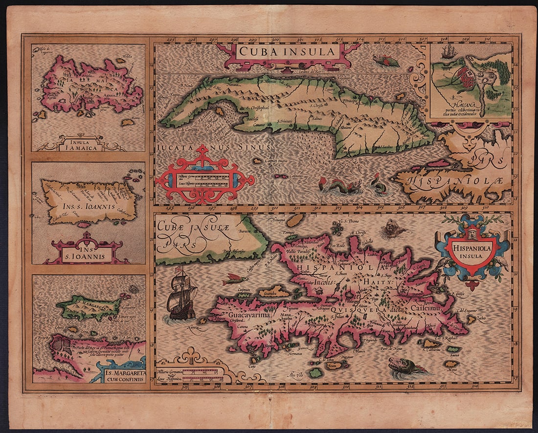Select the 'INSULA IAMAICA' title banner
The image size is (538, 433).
pos(81,144)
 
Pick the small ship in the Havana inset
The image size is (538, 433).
pos(448,51)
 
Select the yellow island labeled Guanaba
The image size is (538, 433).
pos(274,292)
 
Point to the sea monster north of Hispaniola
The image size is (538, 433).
pos(393,227)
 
